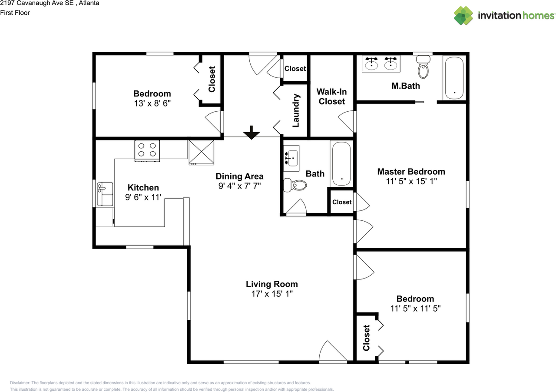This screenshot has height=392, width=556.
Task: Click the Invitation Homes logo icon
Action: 463,16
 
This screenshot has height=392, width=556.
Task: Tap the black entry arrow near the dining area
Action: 252,133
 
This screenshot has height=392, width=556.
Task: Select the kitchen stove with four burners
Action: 147,151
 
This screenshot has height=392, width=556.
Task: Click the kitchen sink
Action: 105,194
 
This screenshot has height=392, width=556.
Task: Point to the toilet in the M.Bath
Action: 423,67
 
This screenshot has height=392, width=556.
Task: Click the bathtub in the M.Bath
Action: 454,78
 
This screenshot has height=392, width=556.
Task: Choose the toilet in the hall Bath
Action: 295,185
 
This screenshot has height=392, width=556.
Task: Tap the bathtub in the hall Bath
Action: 341,164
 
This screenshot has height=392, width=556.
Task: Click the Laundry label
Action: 296,110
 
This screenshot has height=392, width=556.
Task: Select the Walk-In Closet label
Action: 331,96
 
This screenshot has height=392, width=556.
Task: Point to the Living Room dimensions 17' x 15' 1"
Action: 272,294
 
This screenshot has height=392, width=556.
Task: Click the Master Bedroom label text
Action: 411,172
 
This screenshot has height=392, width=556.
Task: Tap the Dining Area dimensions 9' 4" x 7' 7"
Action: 239,186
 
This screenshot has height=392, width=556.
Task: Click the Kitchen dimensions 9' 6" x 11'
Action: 143,197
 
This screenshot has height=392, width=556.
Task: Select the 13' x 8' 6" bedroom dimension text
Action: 152,103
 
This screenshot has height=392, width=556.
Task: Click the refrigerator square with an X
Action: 201,153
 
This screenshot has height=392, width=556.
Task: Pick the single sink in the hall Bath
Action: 291,158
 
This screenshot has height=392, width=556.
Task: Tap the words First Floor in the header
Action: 15,13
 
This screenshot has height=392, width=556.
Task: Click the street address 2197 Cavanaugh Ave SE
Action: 37,3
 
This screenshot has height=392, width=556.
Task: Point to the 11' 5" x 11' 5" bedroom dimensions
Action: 415,309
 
